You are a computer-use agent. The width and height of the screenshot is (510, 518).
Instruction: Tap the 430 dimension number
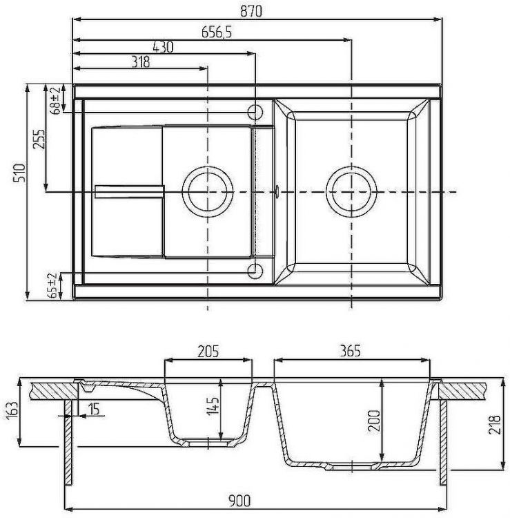coord(162,47)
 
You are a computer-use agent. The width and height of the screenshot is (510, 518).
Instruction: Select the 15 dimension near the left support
coord(94,409)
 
